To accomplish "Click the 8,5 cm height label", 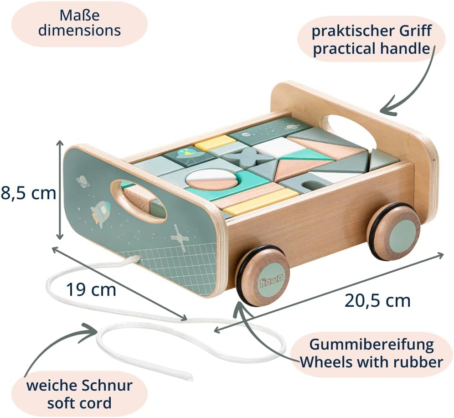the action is point(28,193).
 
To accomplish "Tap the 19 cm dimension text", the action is point(91,289).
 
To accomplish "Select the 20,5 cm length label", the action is point(377,301).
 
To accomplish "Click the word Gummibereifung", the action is point(371,345).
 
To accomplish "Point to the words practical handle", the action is point(371,48).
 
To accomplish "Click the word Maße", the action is point(79,15).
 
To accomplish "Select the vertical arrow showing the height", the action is point(60,190).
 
